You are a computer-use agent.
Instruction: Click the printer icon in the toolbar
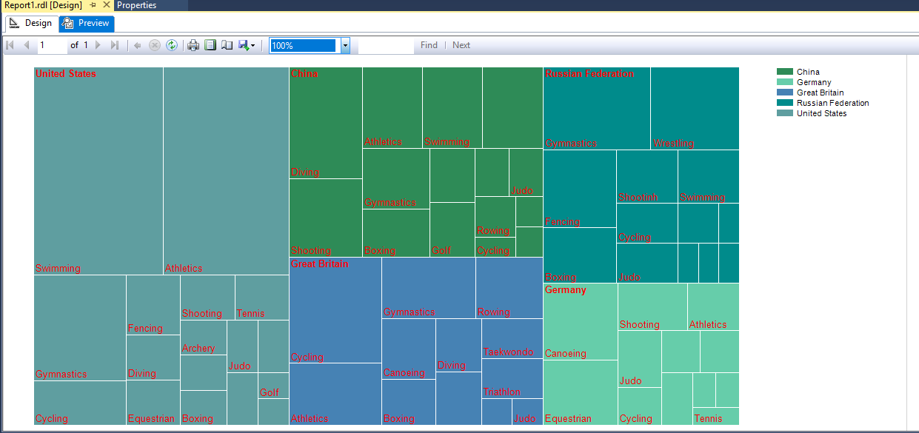click(193, 46)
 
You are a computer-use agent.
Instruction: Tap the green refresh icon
click(172, 46)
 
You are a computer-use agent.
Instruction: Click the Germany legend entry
click(814, 82)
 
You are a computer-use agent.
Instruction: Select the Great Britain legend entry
click(820, 93)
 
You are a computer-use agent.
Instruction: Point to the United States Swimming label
click(58, 269)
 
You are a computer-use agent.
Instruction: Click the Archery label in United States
click(198, 349)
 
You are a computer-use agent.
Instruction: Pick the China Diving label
click(305, 172)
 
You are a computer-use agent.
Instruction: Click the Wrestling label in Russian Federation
click(673, 144)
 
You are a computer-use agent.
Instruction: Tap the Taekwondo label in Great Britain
click(508, 352)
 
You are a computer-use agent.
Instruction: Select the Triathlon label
click(501, 392)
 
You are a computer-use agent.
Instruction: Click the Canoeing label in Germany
click(565, 354)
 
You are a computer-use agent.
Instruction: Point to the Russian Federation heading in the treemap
click(589, 74)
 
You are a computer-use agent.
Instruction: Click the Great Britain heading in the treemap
click(319, 264)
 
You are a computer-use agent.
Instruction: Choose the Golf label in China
click(441, 251)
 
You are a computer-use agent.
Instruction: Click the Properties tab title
click(137, 5)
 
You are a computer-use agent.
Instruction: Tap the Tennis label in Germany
click(708, 419)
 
